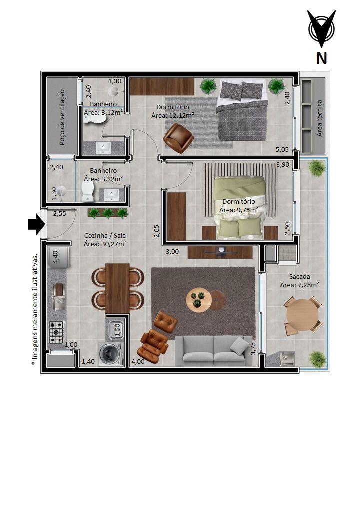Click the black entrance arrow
coord(36,224)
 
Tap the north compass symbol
coord(321,29)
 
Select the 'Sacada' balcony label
coord(299,276)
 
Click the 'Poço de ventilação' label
coord(62,117)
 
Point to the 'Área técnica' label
coord(319,118)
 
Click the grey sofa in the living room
coord(214,351)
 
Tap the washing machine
coord(111,354)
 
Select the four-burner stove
coord(56,332)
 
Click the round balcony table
coord(303,315)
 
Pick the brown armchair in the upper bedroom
coord(178,138)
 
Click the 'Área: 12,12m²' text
coord(172,115)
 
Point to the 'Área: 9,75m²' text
coord(238,210)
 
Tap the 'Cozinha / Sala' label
coord(105,236)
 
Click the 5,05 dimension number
coord(282,150)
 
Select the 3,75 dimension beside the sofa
coord(253,349)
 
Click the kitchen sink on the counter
coord(59,303)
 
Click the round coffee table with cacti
coord(198,299)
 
